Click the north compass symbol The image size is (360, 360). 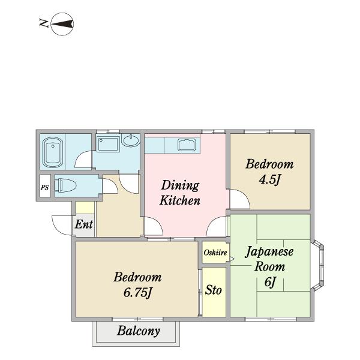[x=62, y=24]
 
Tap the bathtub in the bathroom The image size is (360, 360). [x=53, y=152]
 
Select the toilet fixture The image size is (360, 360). [x=65, y=185]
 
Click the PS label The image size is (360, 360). [x=45, y=187]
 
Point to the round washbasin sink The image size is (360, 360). [x=131, y=140]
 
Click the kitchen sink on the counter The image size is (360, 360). [x=187, y=145]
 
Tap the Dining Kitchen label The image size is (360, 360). [x=180, y=193]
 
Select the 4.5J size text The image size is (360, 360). [x=270, y=180]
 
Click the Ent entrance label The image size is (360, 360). [x=84, y=224]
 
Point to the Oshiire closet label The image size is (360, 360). [x=215, y=253]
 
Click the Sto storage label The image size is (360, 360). [x=213, y=290]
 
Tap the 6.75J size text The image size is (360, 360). [x=138, y=293]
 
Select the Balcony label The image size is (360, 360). [x=139, y=331]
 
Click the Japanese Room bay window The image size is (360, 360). [x=319, y=265]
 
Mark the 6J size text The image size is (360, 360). [x=270, y=282]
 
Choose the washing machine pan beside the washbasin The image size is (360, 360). [x=108, y=144]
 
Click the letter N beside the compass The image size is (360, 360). [x=44, y=23]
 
